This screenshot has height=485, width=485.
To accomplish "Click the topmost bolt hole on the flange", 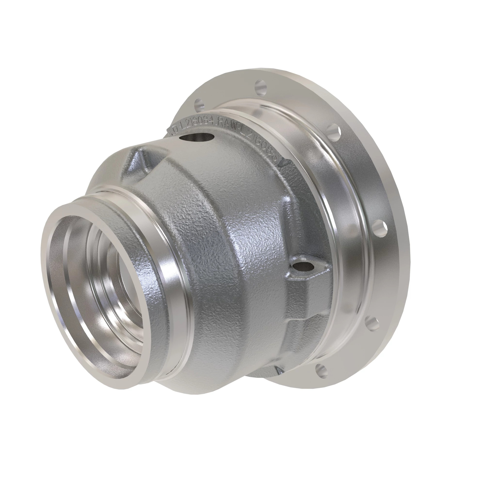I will [261, 88].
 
